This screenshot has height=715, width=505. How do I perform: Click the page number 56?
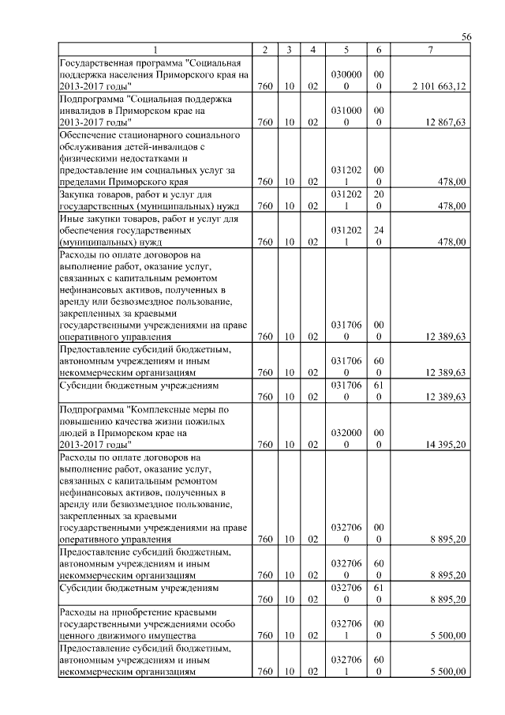pos(466,38)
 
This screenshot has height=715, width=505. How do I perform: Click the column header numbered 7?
pos(430,51)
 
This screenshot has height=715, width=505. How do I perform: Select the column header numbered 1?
pos(155,51)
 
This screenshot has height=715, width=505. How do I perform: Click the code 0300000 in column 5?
pos(346,80)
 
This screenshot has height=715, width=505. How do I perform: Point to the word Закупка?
pos(80,194)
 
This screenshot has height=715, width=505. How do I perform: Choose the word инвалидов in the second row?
pos(84,111)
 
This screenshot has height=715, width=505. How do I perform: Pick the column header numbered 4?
pos(313,51)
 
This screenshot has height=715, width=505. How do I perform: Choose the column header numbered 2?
pos(264,51)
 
